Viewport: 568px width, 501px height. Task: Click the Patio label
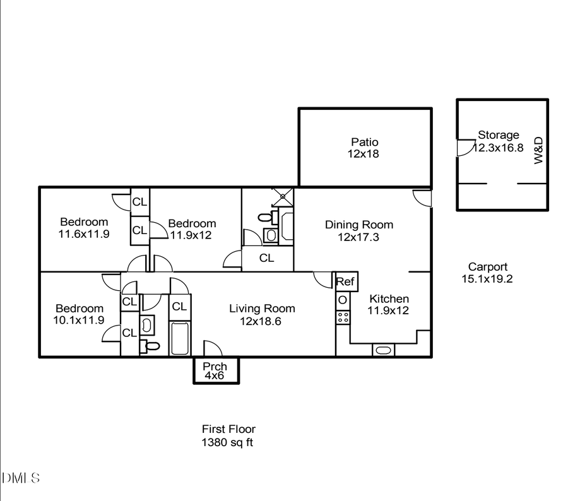pyautogui.click(x=365, y=142)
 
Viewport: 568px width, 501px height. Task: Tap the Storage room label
pyautogui.click(x=498, y=135)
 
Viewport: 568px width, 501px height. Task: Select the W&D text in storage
pyautogui.click(x=538, y=152)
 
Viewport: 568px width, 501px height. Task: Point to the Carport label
pyautogui.click(x=487, y=267)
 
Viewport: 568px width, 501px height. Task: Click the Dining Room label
pyautogui.click(x=358, y=225)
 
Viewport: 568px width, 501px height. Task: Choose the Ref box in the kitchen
pyautogui.click(x=345, y=281)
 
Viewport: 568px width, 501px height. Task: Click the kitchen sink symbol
pyautogui.click(x=382, y=350)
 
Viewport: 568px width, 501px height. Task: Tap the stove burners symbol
pyautogui.click(x=343, y=317)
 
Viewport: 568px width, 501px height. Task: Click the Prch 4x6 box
pyautogui.click(x=215, y=370)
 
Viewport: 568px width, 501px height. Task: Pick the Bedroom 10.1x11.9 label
pyautogui.click(x=80, y=309)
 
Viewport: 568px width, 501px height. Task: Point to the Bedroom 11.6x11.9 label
pyautogui.click(x=84, y=222)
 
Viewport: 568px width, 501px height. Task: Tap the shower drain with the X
pyautogui.click(x=283, y=196)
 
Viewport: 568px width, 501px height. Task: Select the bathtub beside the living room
pyautogui.click(x=179, y=339)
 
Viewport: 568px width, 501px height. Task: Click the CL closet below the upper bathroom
pyautogui.click(x=266, y=258)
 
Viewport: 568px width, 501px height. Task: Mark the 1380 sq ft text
pyautogui.click(x=227, y=442)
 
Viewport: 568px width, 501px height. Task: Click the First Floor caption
pyautogui.click(x=228, y=430)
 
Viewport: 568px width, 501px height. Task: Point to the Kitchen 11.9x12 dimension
pyautogui.click(x=389, y=310)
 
